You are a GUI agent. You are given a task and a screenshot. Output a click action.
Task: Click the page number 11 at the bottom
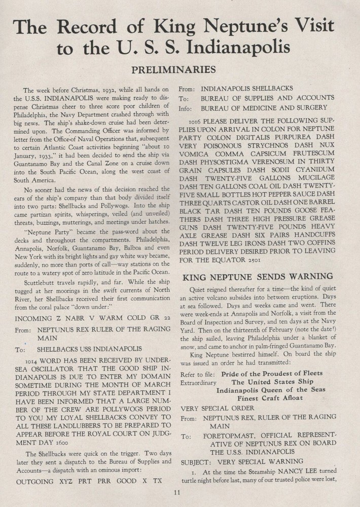[x=176, y=492]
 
